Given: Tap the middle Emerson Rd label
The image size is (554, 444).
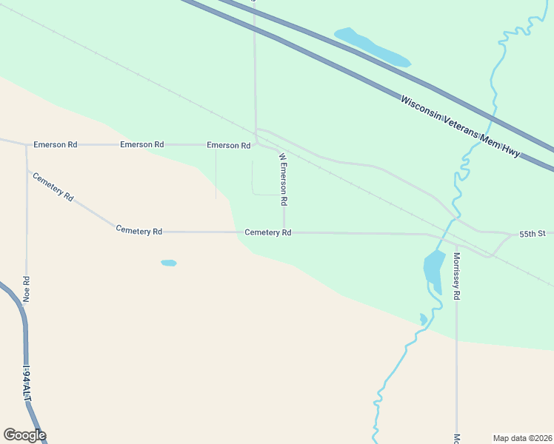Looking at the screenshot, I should (141, 144).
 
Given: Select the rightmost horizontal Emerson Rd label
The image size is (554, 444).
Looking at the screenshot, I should (229, 145).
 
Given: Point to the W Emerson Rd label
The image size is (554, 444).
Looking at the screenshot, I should (282, 179).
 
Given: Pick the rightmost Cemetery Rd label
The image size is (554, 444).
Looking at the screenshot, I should (268, 232).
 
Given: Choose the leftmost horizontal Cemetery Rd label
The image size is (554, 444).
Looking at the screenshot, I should (138, 231).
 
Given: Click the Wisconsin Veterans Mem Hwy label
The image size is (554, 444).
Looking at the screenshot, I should (460, 125).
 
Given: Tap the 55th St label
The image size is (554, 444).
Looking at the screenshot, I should (532, 234).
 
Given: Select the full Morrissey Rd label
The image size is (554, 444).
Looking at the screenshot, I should (457, 275).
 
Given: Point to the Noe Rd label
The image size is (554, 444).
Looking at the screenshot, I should (27, 289).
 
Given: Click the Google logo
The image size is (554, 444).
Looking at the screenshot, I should (24, 435).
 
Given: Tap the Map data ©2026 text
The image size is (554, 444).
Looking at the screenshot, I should (521, 437).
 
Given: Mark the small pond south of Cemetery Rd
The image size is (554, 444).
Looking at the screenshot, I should (169, 263).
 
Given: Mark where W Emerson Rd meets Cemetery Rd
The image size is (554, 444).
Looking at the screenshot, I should (284, 232).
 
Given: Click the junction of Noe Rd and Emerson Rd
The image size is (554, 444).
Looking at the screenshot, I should (27, 145).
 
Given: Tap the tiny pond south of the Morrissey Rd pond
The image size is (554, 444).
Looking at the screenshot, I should (423, 320).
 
